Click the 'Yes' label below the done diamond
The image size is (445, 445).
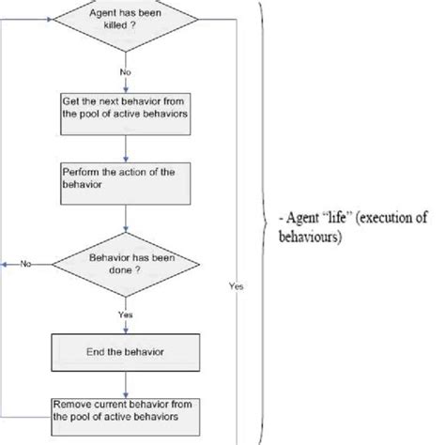tap(126, 314)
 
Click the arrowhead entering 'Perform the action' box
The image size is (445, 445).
tap(126, 157)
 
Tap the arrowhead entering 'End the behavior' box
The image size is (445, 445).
tap(126, 332)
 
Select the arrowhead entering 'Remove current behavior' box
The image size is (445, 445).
tap(126, 392)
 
